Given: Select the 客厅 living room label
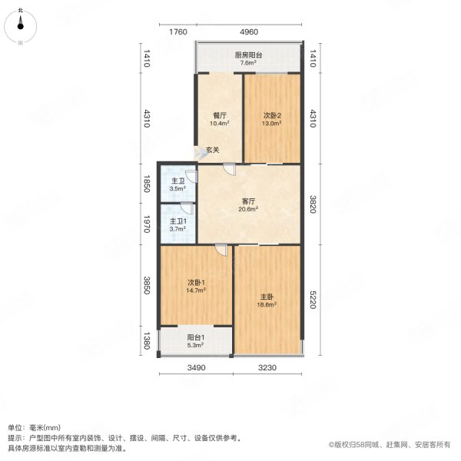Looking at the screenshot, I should [247, 200].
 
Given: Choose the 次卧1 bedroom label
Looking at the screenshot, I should [194, 281].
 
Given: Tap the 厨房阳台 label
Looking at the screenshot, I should [248, 55].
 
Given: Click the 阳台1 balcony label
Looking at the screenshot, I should [196, 337].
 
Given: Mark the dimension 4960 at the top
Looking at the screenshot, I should [248, 32].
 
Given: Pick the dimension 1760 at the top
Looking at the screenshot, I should [178, 32].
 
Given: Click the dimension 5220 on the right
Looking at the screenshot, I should [311, 300].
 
